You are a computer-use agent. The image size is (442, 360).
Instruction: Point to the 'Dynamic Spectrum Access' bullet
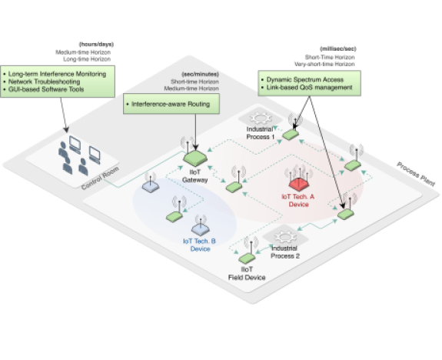[302, 79]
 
